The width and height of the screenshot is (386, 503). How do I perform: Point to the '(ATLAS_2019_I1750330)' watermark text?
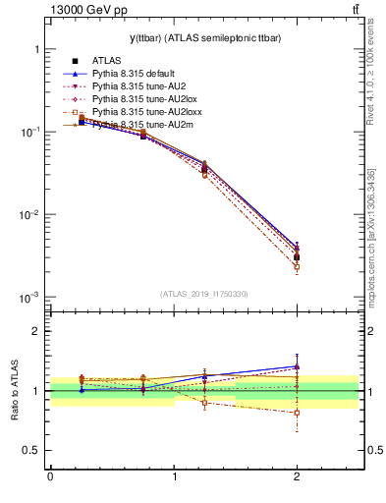click(x=202, y=294)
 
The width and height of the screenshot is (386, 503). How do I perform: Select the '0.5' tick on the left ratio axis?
click(x=30, y=451)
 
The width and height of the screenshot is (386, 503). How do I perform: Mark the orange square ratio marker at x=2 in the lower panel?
click(x=297, y=413)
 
